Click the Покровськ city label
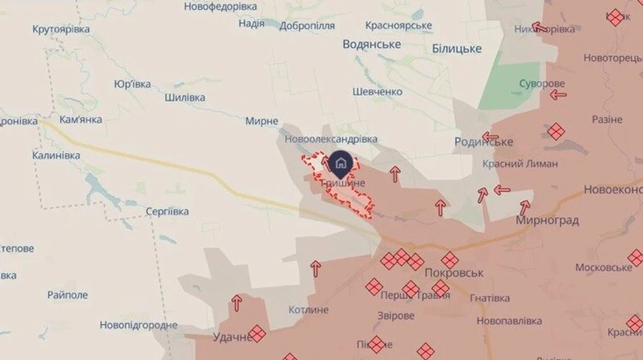pos(454,273)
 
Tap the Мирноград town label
pos(547,221)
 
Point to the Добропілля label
pos(308,24)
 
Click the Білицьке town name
pos(457,49)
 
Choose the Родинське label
pos(484,142)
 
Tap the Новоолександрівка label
pos(331,139)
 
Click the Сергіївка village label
pos(166,211)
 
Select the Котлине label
pos(309,309)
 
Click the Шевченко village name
pos(377,92)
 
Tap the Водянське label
pos(372,44)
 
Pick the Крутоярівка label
pos(61,29)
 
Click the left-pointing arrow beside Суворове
pos(558,94)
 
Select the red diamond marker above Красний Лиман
pos(556,131)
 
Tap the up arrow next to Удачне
pos(236,303)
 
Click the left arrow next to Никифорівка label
pos(540,29)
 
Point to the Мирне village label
pos(261,121)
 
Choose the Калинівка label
pos(55,154)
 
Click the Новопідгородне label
pos(139,325)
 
